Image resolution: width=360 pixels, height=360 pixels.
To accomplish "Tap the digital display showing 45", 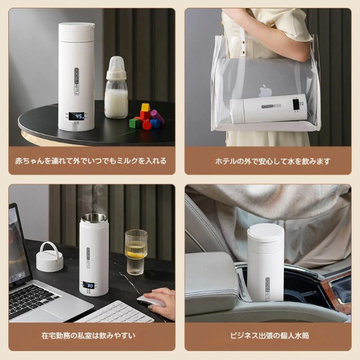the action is click(x=77, y=116).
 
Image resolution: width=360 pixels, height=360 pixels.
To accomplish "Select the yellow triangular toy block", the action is click(x=146, y=107).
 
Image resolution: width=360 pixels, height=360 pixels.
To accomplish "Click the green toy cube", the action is click(x=134, y=124).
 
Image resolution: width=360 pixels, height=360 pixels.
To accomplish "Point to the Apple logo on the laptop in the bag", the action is click(x=266, y=91).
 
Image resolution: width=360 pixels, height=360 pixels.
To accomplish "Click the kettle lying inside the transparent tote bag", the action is click(x=269, y=109).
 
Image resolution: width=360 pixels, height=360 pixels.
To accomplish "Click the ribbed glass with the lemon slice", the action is click(x=135, y=252).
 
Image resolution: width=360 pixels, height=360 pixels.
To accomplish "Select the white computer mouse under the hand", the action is click(x=151, y=301).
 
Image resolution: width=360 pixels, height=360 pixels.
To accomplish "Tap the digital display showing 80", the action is click(x=89, y=286).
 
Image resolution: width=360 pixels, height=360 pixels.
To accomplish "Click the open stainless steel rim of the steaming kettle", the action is click(x=94, y=217).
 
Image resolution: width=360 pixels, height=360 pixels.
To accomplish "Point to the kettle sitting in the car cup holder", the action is click(x=265, y=262).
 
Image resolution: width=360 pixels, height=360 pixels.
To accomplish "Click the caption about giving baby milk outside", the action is click(x=91, y=161).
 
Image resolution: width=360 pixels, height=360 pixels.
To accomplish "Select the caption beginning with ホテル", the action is click(x=273, y=161).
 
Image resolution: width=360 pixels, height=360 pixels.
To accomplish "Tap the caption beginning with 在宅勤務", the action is click(x=89, y=336).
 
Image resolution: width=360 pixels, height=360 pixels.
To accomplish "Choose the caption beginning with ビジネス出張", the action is click(x=269, y=336).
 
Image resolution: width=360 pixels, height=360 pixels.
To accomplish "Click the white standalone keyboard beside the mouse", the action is click(x=115, y=312).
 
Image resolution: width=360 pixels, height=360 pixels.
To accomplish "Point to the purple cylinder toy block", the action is click(x=157, y=116).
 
